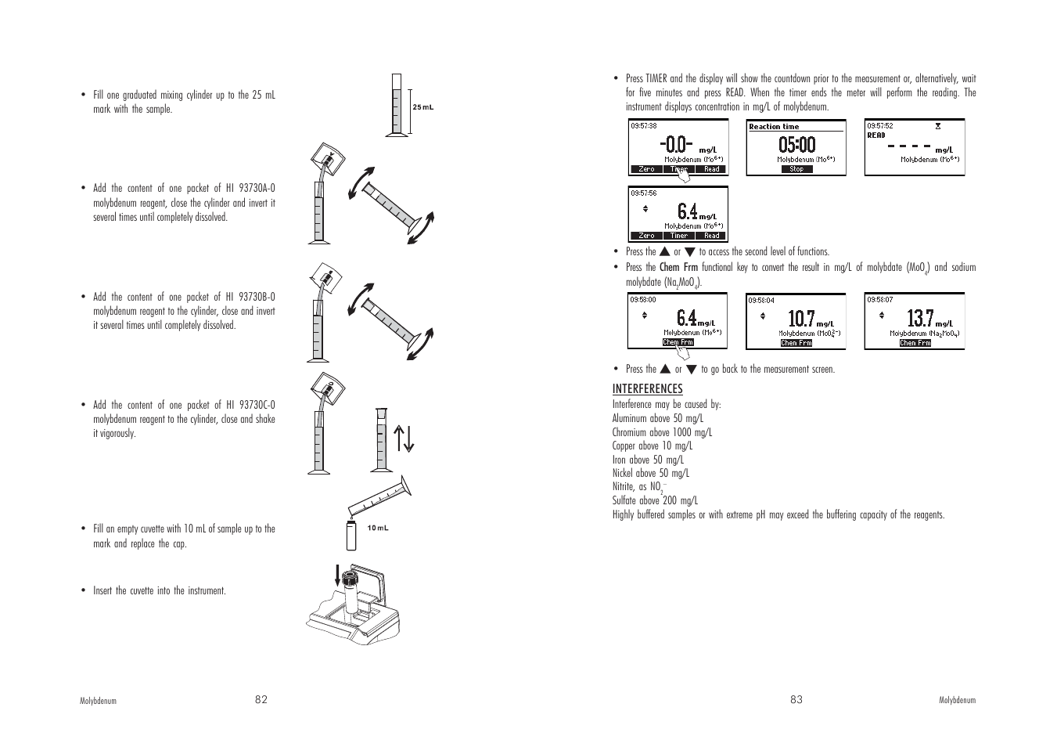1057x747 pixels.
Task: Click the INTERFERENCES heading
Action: click(x=647, y=388)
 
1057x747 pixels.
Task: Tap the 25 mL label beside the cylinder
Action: click(x=422, y=107)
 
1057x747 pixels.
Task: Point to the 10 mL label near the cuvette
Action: click(x=378, y=528)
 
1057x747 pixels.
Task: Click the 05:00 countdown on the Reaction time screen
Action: click(x=796, y=145)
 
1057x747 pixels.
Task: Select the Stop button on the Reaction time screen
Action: click(x=796, y=169)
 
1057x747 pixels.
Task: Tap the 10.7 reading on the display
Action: click(x=801, y=319)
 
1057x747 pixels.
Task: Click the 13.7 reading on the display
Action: click(x=920, y=319)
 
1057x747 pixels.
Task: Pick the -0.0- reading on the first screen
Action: click(x=676, y=145)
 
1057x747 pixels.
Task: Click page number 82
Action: click(x=261, y=699)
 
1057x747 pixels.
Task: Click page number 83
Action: click(x=796, y=699)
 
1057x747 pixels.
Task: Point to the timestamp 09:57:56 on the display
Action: click(x=644, y=193)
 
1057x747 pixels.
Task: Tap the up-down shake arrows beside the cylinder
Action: click(x=403, y=438)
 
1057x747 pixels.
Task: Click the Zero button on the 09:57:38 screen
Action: click(x=646, y=169)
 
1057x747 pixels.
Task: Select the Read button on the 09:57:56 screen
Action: click(x=711, y=236)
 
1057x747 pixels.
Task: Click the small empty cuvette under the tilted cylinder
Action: click(x=351, y=535)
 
